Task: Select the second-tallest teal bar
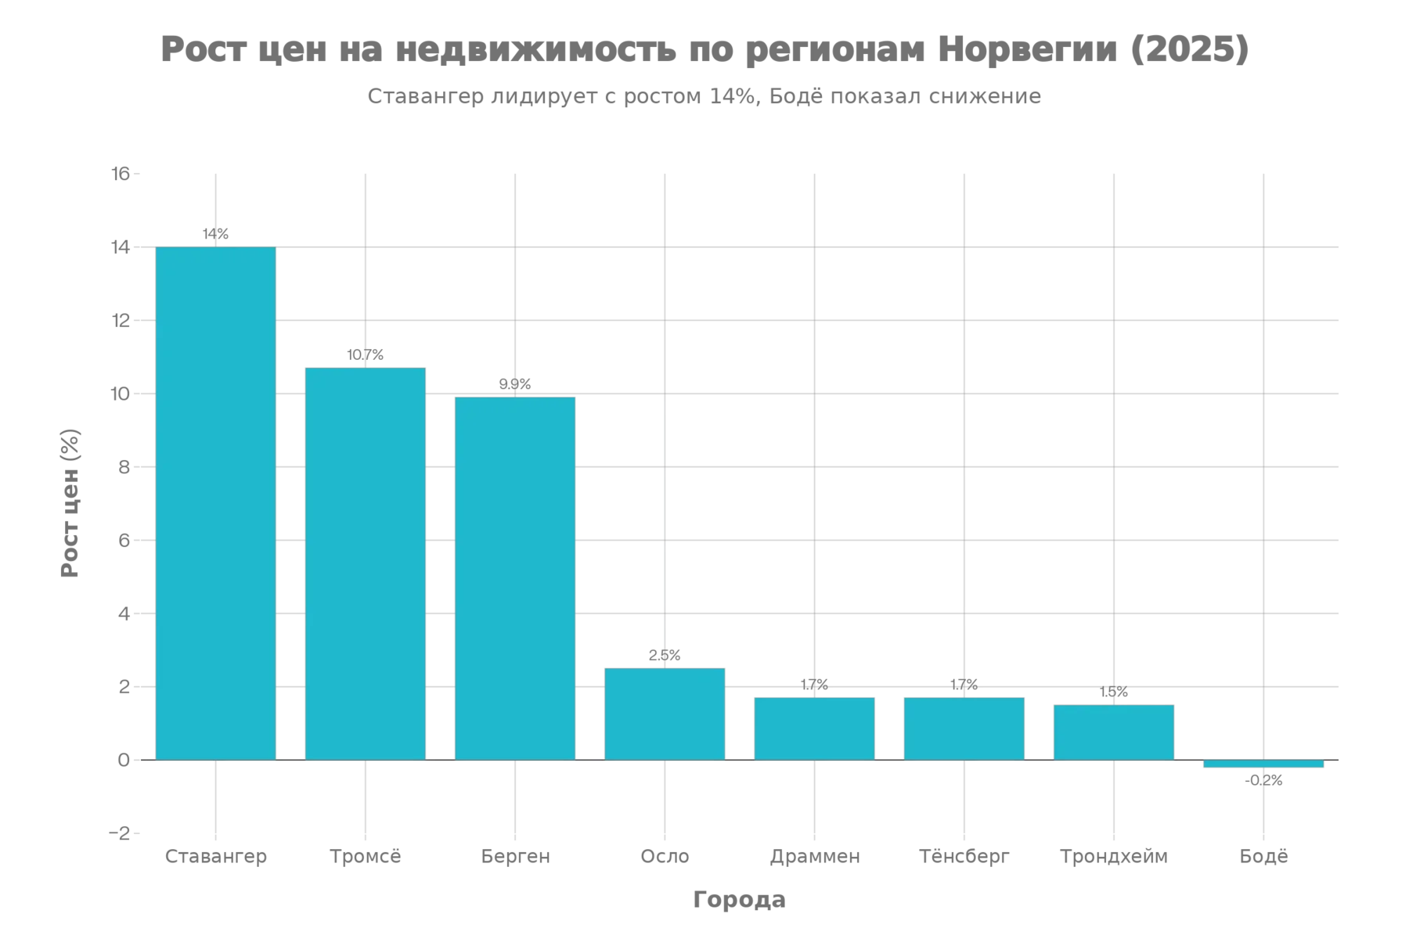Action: pos(366,563)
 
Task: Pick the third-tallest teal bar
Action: pos(515,578)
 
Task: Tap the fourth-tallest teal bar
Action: pos(665,713)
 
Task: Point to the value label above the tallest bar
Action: pos(215,234)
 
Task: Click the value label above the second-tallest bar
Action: pos(366,354)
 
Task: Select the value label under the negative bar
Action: pos(1263,781)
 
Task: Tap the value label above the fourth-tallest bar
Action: pos(665,654)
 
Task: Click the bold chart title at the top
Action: pos(704,49)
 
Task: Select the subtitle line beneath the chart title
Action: pos(704,96)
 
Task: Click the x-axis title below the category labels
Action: pos(737,898)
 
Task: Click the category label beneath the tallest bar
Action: pos(215,856)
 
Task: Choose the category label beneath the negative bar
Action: pos(1263,856)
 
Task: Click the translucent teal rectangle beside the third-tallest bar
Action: pos(620,578)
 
